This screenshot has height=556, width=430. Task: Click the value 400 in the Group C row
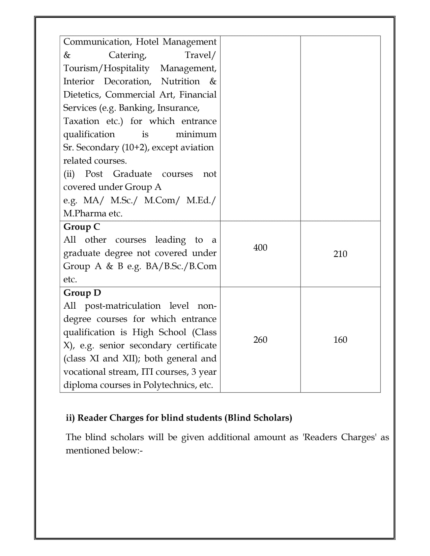tap(260, 248)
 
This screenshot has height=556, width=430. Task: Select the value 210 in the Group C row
tap(340, 254)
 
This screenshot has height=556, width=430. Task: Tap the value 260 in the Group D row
tap(260, 340)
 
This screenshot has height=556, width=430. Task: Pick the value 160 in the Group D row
tap(340, 340)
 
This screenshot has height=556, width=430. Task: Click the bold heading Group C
tap(82, 227)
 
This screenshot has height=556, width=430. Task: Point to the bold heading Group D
tap(82, 293)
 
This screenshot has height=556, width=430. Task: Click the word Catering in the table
tap(127, 55)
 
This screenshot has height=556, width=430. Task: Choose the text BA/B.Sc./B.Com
tap(181, 266)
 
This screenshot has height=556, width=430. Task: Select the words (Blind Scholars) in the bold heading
tap(258, 418)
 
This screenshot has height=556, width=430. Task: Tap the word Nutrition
tap(180, 82)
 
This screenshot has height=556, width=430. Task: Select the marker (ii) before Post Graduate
tap(69, 174)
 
